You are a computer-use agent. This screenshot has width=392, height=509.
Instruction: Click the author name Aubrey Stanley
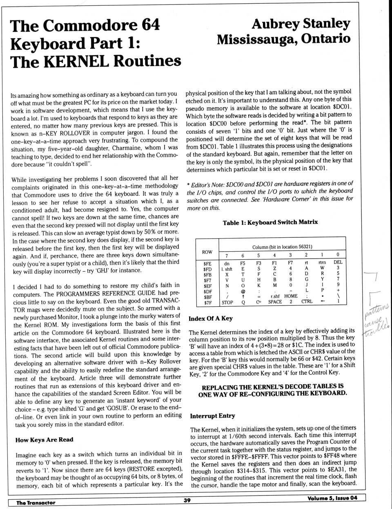tap(301, 24)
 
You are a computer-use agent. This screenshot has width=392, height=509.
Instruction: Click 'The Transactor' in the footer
tap(36, 502)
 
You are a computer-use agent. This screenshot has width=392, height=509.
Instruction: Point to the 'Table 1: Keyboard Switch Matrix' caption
tap(270, 222)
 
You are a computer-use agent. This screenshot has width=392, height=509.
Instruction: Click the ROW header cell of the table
tap(207, 252)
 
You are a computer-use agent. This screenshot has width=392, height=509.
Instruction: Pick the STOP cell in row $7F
tap(227, 303)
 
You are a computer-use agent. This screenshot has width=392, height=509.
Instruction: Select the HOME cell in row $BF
tap(291, 296)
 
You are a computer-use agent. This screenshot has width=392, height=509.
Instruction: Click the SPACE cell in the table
tap(275, 302)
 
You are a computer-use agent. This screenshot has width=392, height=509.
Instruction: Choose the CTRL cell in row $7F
tap(307, 301)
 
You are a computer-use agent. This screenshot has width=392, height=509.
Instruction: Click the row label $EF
tap(207, 286)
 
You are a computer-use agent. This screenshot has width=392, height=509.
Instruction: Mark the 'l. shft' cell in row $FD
tap(227, 269)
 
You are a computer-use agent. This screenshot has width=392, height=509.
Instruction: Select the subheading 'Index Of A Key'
tap(210, 319)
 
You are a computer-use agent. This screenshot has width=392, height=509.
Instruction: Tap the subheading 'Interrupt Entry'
tap(212, 416)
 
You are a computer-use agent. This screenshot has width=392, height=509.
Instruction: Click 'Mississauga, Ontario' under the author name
tap(283, 39)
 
